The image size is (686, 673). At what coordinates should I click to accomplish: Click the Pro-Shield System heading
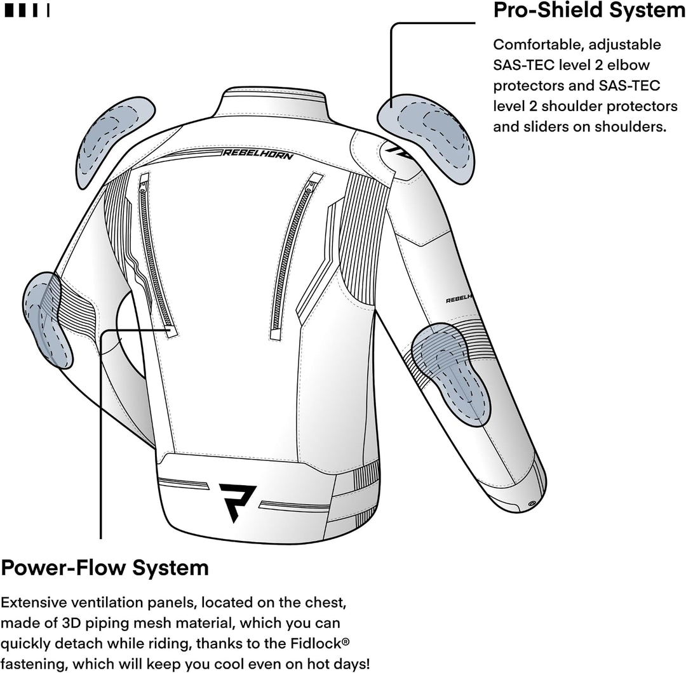(x=589, y=10)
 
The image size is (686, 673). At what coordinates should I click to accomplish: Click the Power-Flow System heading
(x=105, y=568)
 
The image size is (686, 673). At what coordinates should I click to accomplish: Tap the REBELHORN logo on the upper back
(x=258, y=154)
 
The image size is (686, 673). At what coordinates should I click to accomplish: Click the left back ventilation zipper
(x=156, y=253)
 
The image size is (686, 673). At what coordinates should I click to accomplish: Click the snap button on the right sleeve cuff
(x=532, y=503)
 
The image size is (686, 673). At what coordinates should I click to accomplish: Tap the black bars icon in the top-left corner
(x=27, y=11)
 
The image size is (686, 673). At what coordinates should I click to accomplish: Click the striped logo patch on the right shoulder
(x=395, y=152)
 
